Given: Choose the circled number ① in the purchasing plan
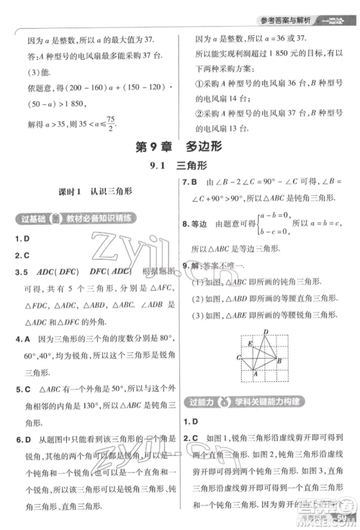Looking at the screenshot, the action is point(199,84).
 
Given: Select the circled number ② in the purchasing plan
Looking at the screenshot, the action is point(199,114).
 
